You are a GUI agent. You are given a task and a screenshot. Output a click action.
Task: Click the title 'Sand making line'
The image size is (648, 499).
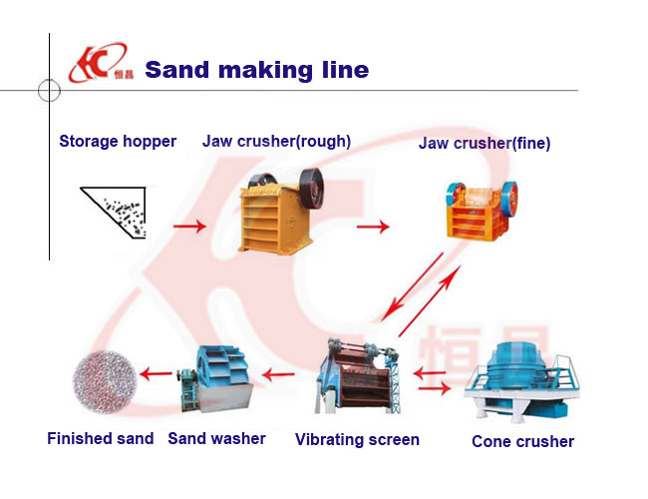point(257,70)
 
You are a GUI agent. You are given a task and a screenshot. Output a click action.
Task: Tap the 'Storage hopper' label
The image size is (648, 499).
point(118,141)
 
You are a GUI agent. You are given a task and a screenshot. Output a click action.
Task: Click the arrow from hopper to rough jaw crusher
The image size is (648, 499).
point(189,228)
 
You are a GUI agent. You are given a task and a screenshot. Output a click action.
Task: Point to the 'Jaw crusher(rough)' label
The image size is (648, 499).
point(276,141)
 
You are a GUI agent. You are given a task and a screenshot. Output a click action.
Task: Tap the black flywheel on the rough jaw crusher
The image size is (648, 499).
point(312,187)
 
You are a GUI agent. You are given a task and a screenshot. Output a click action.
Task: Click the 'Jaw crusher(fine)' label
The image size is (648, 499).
point(485,144)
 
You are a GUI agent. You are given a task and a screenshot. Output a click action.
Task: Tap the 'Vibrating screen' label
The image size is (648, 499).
point(357,439)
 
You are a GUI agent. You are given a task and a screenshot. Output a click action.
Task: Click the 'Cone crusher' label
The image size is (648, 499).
point(522,441)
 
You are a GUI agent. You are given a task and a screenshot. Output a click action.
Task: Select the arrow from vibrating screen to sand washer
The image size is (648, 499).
point(278,375)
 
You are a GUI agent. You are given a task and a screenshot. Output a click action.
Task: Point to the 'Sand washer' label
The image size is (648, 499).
point(216,438)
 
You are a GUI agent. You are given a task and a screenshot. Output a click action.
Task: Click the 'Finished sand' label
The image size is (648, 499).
point(101,438)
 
